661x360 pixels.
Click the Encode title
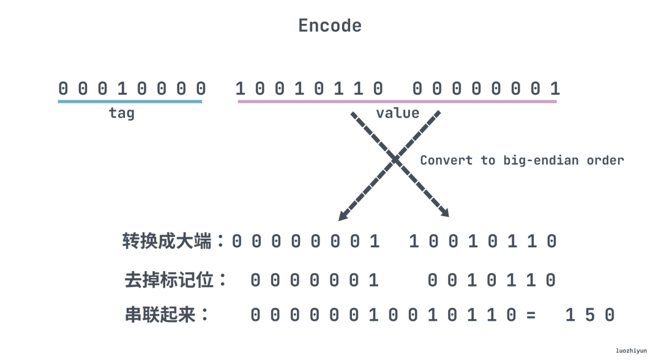click(x=330, y=26)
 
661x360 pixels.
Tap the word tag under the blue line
click(x=121, y=113)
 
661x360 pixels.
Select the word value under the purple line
click(x=397, y=113)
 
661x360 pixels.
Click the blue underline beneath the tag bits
click(x=130, y=101)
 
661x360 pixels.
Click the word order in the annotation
click(x=605, y=160)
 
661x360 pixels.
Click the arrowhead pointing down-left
click(x=343, y=216)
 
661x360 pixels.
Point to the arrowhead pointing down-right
click(x=445, y=213)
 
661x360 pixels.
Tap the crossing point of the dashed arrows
click(x=395, y=160)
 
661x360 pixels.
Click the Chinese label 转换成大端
click(x=174, y=241)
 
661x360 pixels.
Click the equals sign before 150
click(x=530, y=316)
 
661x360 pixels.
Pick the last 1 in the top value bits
click(x=554, y=89)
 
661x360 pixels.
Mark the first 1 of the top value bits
click(x=240, y=89)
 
